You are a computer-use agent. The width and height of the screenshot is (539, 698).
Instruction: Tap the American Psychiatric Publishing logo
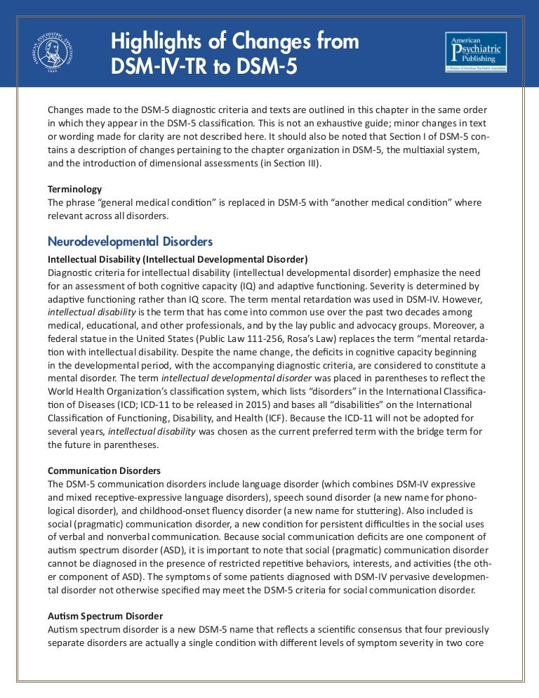[x=475, y=51]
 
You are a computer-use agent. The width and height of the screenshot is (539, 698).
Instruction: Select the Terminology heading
[x=74, y=189]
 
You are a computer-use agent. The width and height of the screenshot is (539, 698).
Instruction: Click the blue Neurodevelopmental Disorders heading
[x=130, y=242]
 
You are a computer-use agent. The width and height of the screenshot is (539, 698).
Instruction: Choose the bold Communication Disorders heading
[x=104, y=470]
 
